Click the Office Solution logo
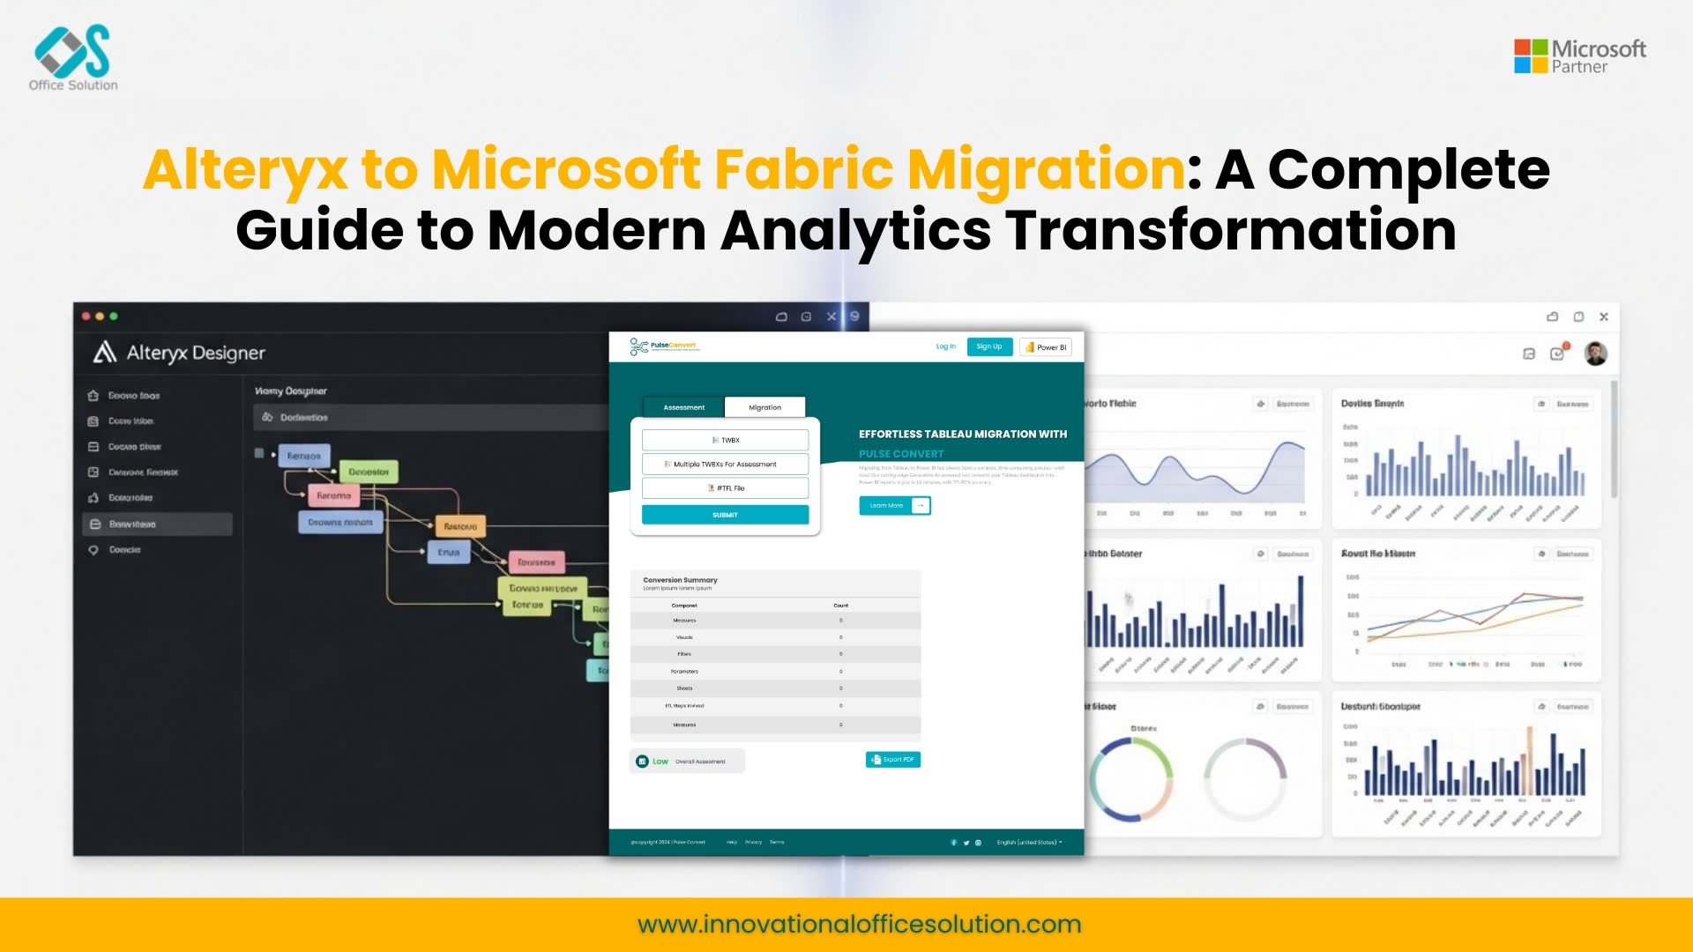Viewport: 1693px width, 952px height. click(73, 57)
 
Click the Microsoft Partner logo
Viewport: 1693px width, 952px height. click(1579, 56)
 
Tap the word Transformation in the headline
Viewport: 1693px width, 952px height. click(1230, 230)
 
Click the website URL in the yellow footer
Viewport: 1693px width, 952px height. click(859, 924)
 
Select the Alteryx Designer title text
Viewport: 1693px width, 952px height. click(195, 353)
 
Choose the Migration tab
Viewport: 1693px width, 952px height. click(764, 407)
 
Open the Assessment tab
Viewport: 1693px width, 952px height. click(683, 407)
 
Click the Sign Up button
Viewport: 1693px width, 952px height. click(988, 346)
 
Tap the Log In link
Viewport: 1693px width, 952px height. click(945, 346)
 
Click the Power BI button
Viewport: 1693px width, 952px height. click(1046, 347)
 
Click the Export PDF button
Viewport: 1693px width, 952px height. click(893, 759)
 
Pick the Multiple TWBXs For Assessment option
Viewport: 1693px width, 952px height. click(725, 464)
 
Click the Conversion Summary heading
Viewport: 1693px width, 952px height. click(680, 580)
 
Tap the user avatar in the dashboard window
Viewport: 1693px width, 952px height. click(1595, 353)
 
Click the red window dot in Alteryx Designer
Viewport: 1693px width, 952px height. click(86, 316)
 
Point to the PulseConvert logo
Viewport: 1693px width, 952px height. click(664, 346)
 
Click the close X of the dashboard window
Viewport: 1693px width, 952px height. click(1604, 316)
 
